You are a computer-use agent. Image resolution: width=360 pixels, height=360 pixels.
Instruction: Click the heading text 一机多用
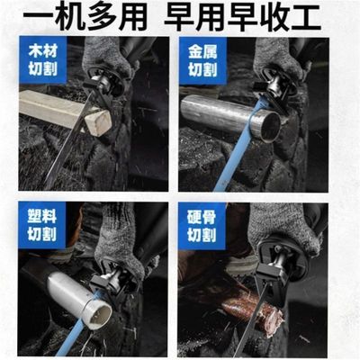pos(85,17)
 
